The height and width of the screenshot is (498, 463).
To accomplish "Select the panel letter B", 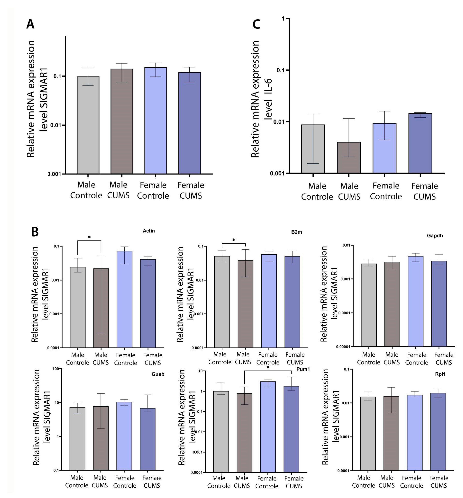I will coord(35,232).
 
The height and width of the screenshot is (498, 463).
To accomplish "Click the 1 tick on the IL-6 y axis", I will coord(283,19).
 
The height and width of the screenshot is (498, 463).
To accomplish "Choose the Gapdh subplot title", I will coord(435,235).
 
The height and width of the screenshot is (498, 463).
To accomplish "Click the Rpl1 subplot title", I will coord(440,374).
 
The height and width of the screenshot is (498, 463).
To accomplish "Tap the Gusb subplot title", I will coord(158,374).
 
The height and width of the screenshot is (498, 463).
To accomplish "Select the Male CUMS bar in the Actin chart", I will coord(101,308).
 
